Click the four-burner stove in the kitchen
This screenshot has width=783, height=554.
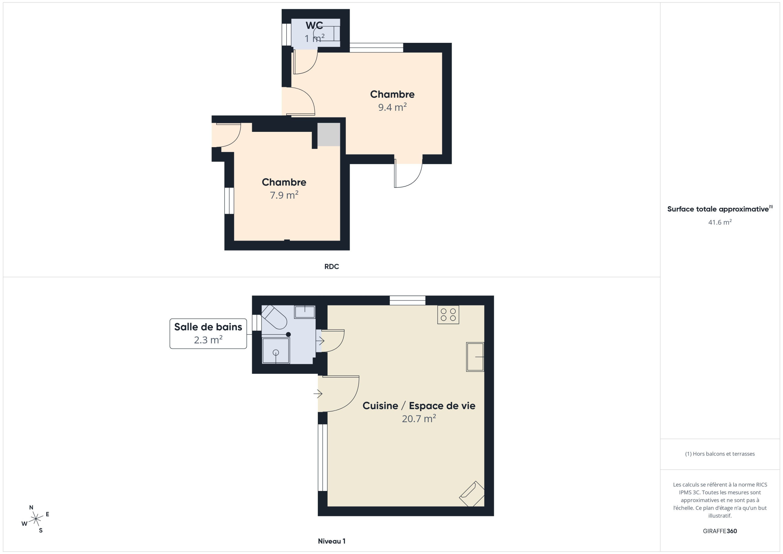pos(448,314)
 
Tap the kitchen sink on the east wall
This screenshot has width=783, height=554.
pos(475,357)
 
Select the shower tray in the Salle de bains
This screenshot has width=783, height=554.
pos(276,350)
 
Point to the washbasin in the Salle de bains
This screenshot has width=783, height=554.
pos(305,312)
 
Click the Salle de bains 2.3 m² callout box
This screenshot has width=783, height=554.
pos(208,334)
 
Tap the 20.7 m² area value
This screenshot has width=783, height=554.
pos(419,418)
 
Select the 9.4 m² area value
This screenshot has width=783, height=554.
pos(392,107)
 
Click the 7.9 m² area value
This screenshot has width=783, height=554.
pos(284,195)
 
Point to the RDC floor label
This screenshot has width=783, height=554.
pos(332,267)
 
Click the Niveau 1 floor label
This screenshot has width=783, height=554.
pos(332,541)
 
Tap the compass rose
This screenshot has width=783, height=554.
pos(35,519)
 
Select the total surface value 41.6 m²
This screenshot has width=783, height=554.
pos(720,222)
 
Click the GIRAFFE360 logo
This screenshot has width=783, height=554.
pos(720,531)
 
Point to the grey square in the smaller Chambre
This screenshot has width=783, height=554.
pos(329,134)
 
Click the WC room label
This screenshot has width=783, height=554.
pos(314,26)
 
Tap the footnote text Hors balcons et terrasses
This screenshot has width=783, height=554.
pos(720,454)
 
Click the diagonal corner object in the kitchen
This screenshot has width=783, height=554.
pos(472,494)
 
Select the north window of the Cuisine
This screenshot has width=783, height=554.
pos(407,300)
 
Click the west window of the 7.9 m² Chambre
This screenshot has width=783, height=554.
pos(229,201)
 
